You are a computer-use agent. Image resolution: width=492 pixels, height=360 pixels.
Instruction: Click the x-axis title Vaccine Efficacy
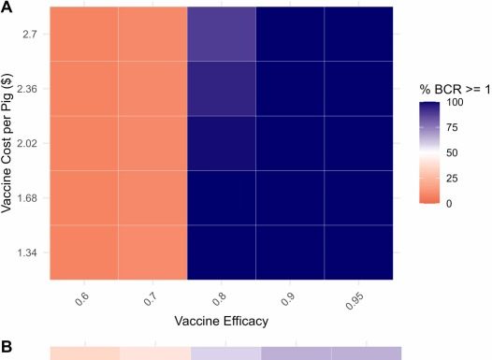[222, 321]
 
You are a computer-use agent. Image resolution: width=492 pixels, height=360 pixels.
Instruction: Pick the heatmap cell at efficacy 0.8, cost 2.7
[222, 34]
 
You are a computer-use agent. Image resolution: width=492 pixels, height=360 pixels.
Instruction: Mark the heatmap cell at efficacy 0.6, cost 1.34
[84, 252]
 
